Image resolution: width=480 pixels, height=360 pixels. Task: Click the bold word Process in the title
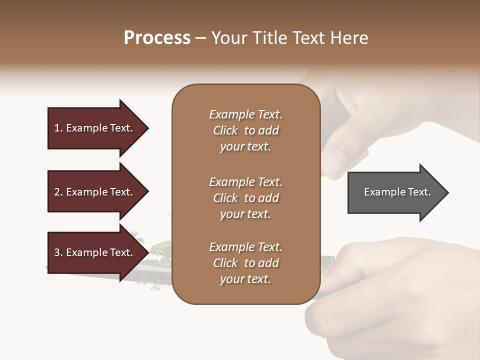pos(157,38)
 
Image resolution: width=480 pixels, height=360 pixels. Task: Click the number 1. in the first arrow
pos(58,128)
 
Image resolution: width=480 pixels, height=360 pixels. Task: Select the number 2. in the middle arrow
pos(58,192)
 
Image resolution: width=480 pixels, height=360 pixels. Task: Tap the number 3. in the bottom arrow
pos(58,252)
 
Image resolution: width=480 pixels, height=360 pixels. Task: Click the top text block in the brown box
pos(245,130)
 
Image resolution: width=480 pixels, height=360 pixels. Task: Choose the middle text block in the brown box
pos(245,198)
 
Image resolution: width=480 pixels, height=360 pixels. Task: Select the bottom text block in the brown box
pos(245,263)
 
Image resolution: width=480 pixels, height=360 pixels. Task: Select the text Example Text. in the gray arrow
pos(397,192)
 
